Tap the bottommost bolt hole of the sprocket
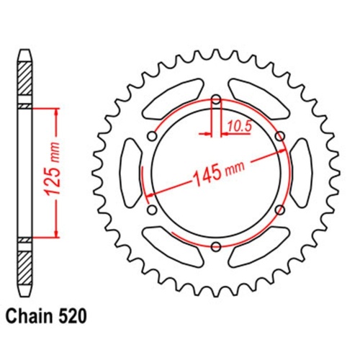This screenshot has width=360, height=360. click(216, 247)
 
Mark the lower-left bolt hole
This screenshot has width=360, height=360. click(152, 210)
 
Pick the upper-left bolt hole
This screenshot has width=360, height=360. click(152, 136)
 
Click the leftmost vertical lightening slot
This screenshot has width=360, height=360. click(131, 173)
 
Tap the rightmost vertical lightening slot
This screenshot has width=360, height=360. click(301, 173)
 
